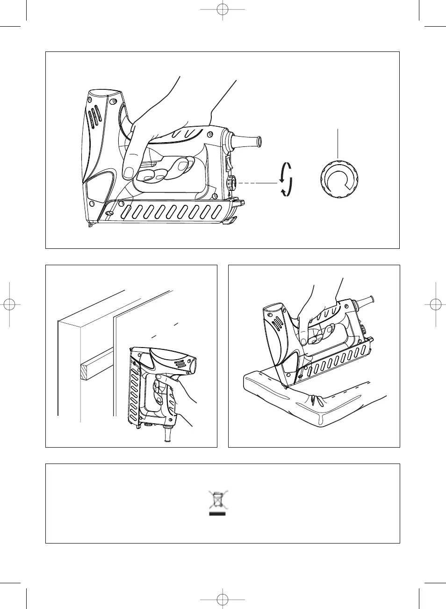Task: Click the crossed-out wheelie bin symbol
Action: pyautogui.click(x=217, y=500)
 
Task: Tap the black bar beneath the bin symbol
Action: pyautogui.click(x=217, y=513)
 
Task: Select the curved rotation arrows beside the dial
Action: pyautogui.click(x=286, y=179)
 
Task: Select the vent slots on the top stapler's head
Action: pyautogui.click(x=95, y=116)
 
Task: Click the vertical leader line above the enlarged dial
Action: pyautogui.click(x=338, y=143)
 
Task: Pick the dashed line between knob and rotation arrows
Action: pyautogui.click(x=257, y=183)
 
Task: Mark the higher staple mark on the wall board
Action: pyautogui.click(x=176, y=323)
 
